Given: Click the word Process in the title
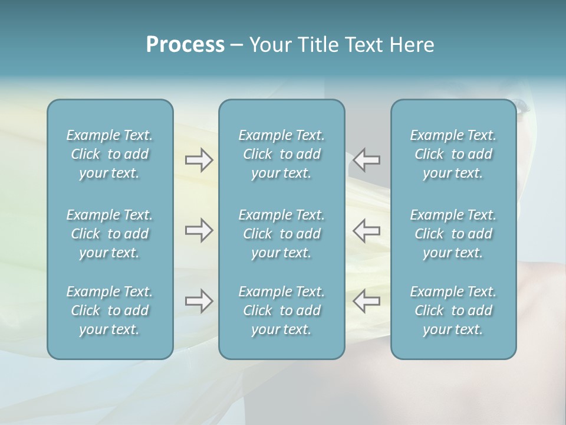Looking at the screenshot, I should click(x=185, y=45).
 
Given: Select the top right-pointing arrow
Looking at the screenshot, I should click(x=199, y=160).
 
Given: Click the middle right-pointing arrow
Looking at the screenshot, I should click(x=199, y=230).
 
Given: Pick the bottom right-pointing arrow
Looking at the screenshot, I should click(x=199, y=301).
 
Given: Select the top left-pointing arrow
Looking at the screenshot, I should click(x=367, y=160).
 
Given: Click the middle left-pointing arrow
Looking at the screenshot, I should click(x=367, y=230).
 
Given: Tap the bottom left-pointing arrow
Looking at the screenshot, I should click(x=367, y=301).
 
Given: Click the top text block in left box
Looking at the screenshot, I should click(x=110, y=154).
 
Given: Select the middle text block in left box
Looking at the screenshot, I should click(x=110, y=234).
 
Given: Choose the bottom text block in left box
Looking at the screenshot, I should click(x=110, y=310).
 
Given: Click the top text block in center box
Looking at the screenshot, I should click(x=281, y=154).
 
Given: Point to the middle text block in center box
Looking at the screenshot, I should click(x=281, y=234).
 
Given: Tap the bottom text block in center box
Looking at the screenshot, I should click(x=281, y=310).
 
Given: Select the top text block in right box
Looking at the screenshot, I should click(x=453, y=154).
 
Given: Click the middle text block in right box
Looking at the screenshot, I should click(x=453, y=234).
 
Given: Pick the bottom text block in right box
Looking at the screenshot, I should click(x=453, y=310).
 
